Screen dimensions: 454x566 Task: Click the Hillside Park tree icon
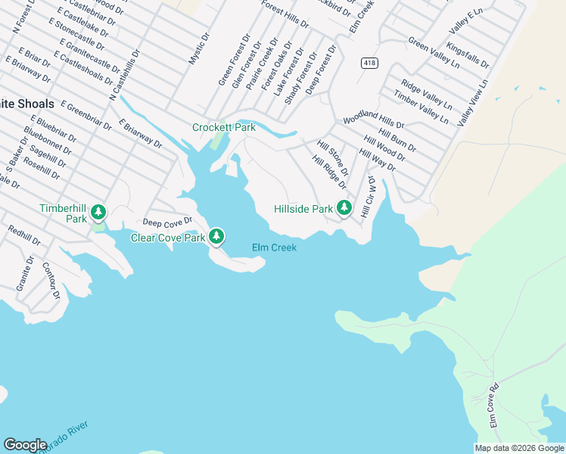[x=344, y=207]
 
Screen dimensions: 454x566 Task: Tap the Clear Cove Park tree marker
[x=216, y=237]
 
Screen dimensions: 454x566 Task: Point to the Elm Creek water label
[x=274, y=247]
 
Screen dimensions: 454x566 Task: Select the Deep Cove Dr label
[x=168, y=222]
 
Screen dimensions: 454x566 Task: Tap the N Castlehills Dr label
[x=126, y=76]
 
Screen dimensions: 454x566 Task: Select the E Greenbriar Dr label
[x=85, y=114]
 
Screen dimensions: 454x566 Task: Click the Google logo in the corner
[x=25, y=445]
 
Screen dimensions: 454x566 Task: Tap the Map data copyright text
[x=518, y=448]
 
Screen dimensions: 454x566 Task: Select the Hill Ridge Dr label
[x=329, y=173]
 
